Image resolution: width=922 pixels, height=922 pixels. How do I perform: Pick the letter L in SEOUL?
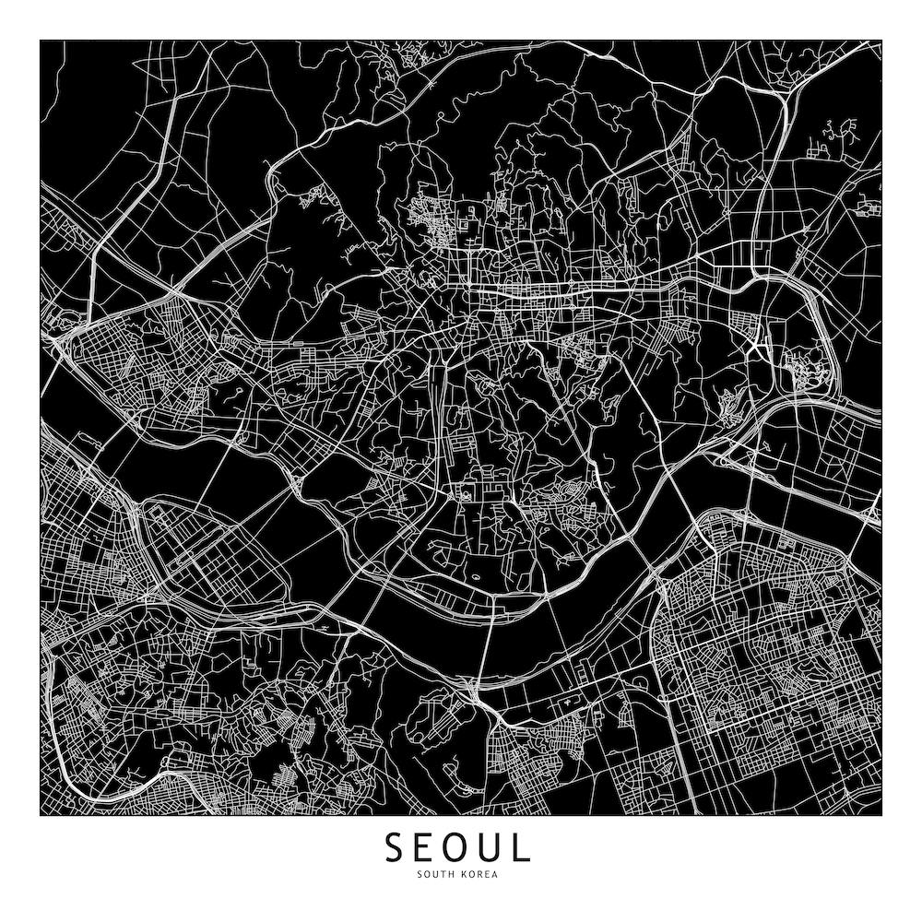point(523,846)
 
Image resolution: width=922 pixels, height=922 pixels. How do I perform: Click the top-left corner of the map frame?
point(40,40)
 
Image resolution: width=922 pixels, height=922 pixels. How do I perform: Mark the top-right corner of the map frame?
point(881,40)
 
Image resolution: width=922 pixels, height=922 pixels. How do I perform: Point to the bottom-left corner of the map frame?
point(40,815)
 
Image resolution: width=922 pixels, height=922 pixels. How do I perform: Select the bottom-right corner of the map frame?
point(881,815)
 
